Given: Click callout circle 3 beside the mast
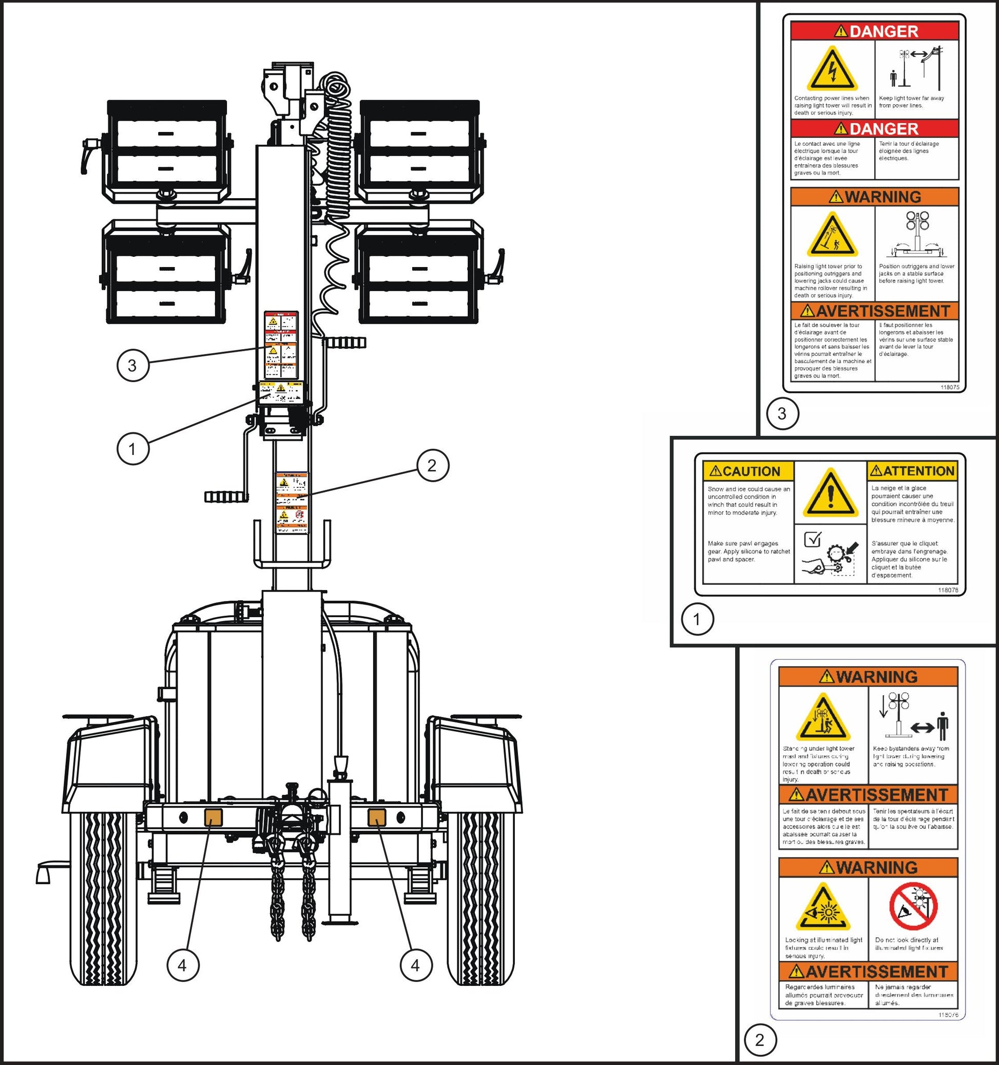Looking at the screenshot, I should coord(132,366).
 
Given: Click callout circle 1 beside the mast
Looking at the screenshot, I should coord(132,448).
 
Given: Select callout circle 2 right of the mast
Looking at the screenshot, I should coord(432,465).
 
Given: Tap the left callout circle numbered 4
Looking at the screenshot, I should coord(183,965).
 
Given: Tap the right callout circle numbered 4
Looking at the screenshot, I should coord(416,965).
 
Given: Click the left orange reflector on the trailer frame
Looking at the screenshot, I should coord(213,816).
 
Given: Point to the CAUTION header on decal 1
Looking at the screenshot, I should coord(747,471).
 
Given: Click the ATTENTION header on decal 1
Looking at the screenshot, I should coord(912,471).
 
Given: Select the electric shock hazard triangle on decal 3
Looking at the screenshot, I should coord(832,70).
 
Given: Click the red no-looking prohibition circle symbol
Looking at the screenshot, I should coord(913,906).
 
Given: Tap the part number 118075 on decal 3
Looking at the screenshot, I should coord(950,387).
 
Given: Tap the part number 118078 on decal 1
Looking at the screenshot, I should coord(948,590).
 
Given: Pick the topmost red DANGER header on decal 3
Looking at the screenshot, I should coord(874,31).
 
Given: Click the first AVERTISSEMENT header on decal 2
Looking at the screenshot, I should coord(868,794).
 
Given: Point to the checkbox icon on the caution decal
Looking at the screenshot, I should coord(813,539).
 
